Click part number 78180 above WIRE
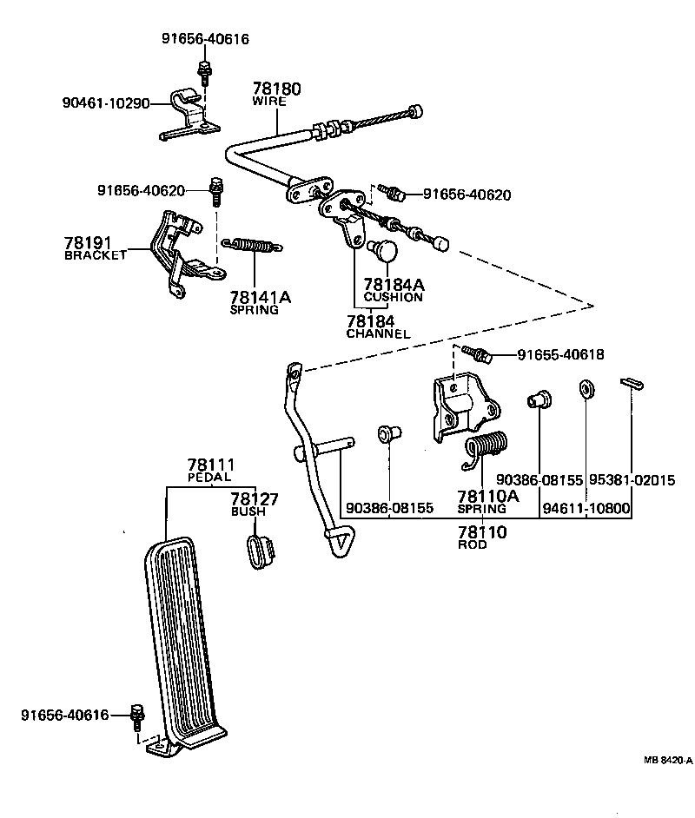tap(277, 89)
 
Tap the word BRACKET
tap(96, 255)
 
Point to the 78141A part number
tap(261, 297)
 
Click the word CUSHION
tap(394, 297)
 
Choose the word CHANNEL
tap(378, 333)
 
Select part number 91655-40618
tap(560, 354)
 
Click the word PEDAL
tap(209, 478)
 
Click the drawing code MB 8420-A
tap(667, 760)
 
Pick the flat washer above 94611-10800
tap(586, 386)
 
